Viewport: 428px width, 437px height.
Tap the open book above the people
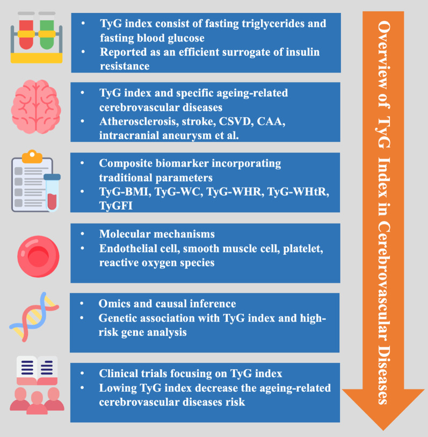tap(37, 371)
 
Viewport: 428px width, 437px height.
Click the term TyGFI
tap(115, 205)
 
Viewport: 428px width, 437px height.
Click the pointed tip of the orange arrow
tap(382, 428)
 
